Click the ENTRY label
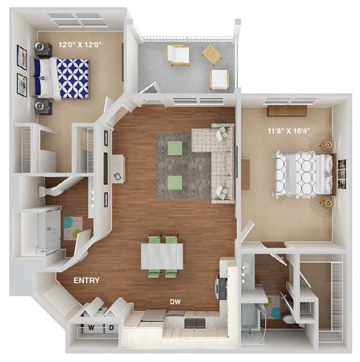point(86,281)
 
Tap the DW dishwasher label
point(176,302)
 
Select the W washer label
point(92,327)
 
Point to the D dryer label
point(111,327)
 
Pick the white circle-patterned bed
point(303,174)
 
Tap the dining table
point(162,256)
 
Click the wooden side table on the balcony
point(212,55)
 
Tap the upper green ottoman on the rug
point(175,148)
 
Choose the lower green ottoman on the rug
point(175,182)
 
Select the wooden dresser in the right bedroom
point(286,111)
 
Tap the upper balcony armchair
point(178,55)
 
